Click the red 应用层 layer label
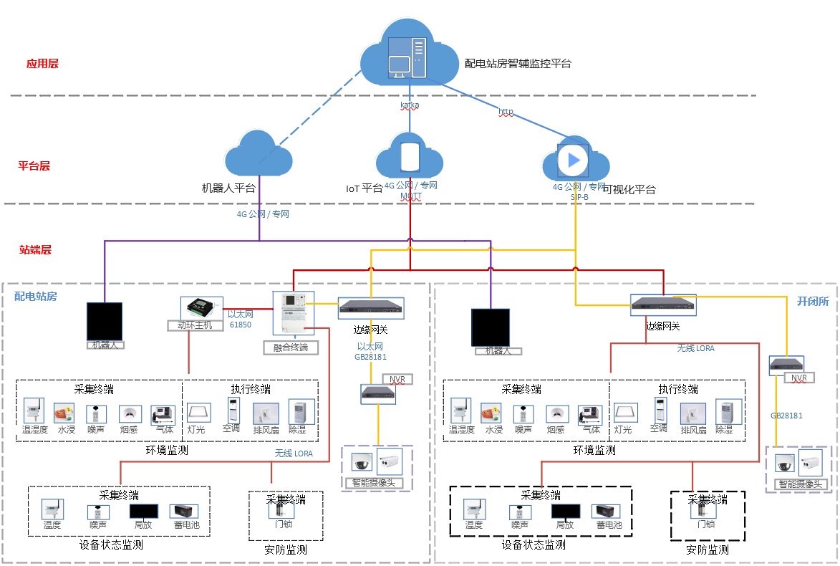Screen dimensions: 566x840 (x=42, y=64)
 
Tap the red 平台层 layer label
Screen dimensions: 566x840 (x=34, y=166)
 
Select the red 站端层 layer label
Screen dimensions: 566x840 (x=35, y=250)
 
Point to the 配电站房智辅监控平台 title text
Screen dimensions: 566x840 (x=518, y=64)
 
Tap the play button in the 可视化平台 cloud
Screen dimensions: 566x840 (x=573, y=160)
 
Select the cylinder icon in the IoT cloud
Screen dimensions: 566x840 (x=409, y=157)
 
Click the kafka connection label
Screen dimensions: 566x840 (x=409, y=105)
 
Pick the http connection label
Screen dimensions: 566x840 (x=506, y=112)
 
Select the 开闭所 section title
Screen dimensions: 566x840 (x=813, y=302)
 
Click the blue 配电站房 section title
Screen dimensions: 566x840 (x=36, y=297)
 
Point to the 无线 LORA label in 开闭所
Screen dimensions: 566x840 (x=695, y=348)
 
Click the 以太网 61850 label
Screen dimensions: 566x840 (x=241, y=320)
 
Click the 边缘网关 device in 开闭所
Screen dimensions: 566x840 (x=663, y=305)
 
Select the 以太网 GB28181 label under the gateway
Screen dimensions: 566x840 (x=371, y=351)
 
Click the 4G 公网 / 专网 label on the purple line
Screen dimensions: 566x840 (x=263, y=214)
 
